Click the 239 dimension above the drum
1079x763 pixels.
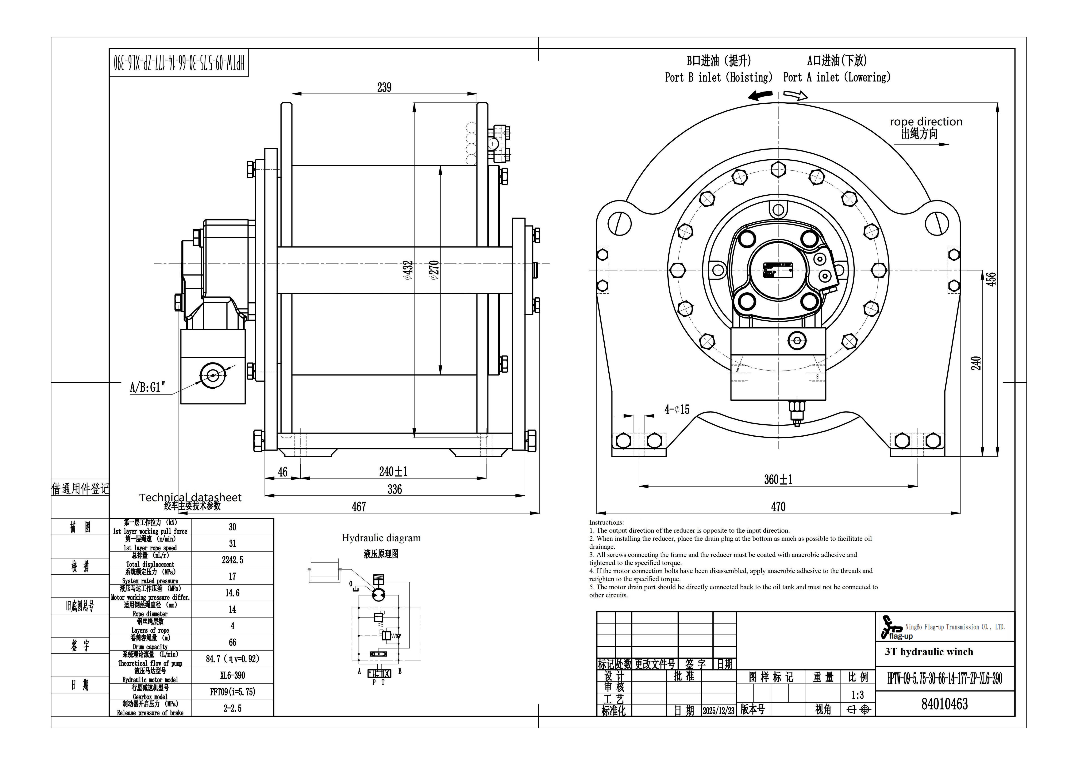(x=384, y=87)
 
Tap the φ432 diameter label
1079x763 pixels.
(x=408, y=270)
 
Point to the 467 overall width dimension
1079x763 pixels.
(x=359, y=507)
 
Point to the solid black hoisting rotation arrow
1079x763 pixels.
(x=760, y=96)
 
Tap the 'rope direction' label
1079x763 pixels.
(x=926, y=122)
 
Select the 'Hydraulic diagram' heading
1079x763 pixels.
(x=381, y=538)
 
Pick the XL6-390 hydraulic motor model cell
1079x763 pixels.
(x=233, y=675)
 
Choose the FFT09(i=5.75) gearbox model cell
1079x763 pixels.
(x=233, y=692)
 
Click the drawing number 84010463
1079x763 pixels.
(x=945, y=704)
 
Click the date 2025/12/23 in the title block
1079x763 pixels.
(x=718, y=711)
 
